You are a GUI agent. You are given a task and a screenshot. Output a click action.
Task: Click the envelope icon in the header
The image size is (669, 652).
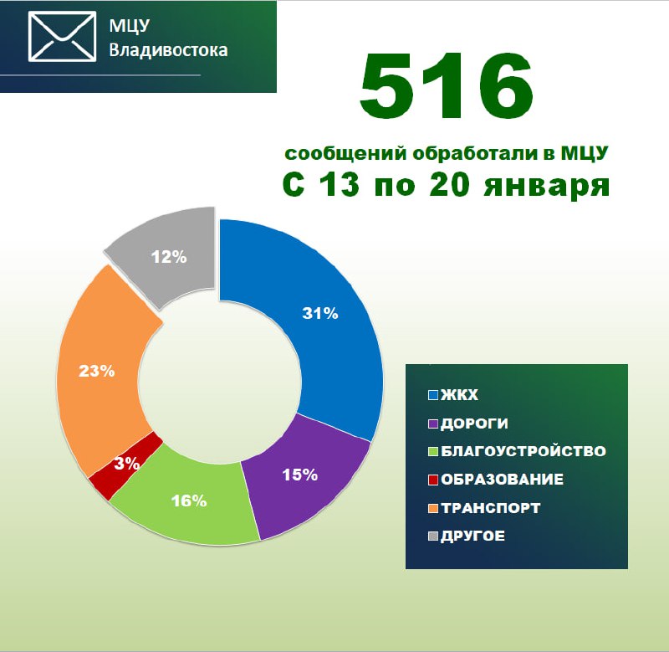[x=62, y=37]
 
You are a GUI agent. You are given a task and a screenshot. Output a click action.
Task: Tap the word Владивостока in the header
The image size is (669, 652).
[x=168, y=50]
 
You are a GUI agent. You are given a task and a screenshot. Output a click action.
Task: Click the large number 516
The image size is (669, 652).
[x=447, y=85]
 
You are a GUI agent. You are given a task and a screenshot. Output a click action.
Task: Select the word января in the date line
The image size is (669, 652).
[x=547, y=186]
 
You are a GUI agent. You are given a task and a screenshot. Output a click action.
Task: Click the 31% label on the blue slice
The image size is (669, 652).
[x=320, y=313]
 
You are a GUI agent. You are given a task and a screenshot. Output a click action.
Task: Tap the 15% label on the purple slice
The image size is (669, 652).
[x=300, y=475]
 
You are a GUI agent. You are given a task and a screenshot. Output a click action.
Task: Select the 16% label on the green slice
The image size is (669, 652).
[x=189, y=501]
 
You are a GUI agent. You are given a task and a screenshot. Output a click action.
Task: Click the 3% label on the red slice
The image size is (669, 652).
[x=127, y=464]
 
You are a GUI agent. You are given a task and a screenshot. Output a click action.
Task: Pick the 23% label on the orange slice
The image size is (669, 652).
[x=97, y=371]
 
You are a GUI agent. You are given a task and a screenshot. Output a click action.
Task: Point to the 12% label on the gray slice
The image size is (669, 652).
[x=169, y=257]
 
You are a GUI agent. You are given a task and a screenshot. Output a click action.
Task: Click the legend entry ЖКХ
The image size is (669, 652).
[x=453, y=395]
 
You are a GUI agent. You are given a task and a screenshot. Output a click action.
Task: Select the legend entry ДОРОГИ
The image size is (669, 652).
[x=468, y=424]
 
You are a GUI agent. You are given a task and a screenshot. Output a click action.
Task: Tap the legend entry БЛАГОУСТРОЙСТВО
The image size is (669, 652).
[x=517, y=451]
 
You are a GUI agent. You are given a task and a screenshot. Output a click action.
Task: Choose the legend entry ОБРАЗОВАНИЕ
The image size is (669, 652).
[x=496, y=480]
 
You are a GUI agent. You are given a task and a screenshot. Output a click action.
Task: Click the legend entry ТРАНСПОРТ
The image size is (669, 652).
[x=484, y=508]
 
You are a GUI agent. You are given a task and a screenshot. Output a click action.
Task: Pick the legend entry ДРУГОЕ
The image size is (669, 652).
[x=467, y=536]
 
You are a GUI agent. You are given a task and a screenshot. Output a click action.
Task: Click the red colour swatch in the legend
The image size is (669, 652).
[x=433, y=480]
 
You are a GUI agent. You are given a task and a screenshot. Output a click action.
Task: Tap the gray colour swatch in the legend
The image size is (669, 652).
[x=433, y=536]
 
